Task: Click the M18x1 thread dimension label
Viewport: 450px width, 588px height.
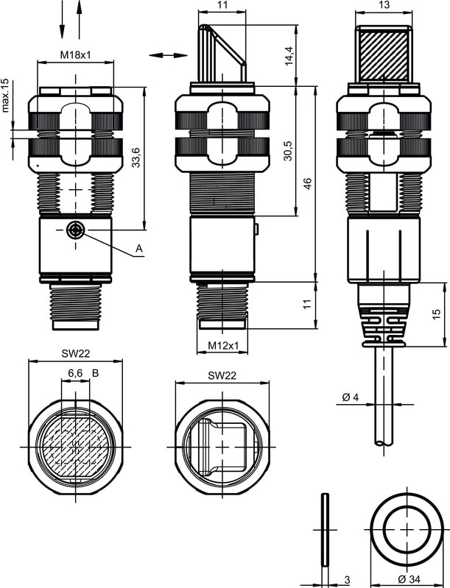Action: pos(75,55)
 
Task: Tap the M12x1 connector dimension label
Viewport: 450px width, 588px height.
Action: pos(223,345)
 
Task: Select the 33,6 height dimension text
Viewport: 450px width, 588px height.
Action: pos(136,157)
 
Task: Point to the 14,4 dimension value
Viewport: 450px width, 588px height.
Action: pos(289,56)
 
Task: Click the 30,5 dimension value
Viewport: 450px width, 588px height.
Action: pos(288,151)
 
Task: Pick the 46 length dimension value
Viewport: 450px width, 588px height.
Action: pos(307,184)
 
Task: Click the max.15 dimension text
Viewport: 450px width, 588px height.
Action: pos(5,96)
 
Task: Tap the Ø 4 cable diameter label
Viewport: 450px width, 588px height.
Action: pos(351,397)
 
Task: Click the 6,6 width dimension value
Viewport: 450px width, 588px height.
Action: pos(75,373)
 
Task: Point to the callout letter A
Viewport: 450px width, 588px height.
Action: pos(139,248)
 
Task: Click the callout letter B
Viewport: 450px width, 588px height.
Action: pos(95,373)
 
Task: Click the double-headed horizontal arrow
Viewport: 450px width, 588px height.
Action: pos(168,55)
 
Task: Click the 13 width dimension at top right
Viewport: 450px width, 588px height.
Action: pos(384,5)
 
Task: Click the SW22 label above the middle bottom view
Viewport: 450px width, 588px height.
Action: pos(222,375)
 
